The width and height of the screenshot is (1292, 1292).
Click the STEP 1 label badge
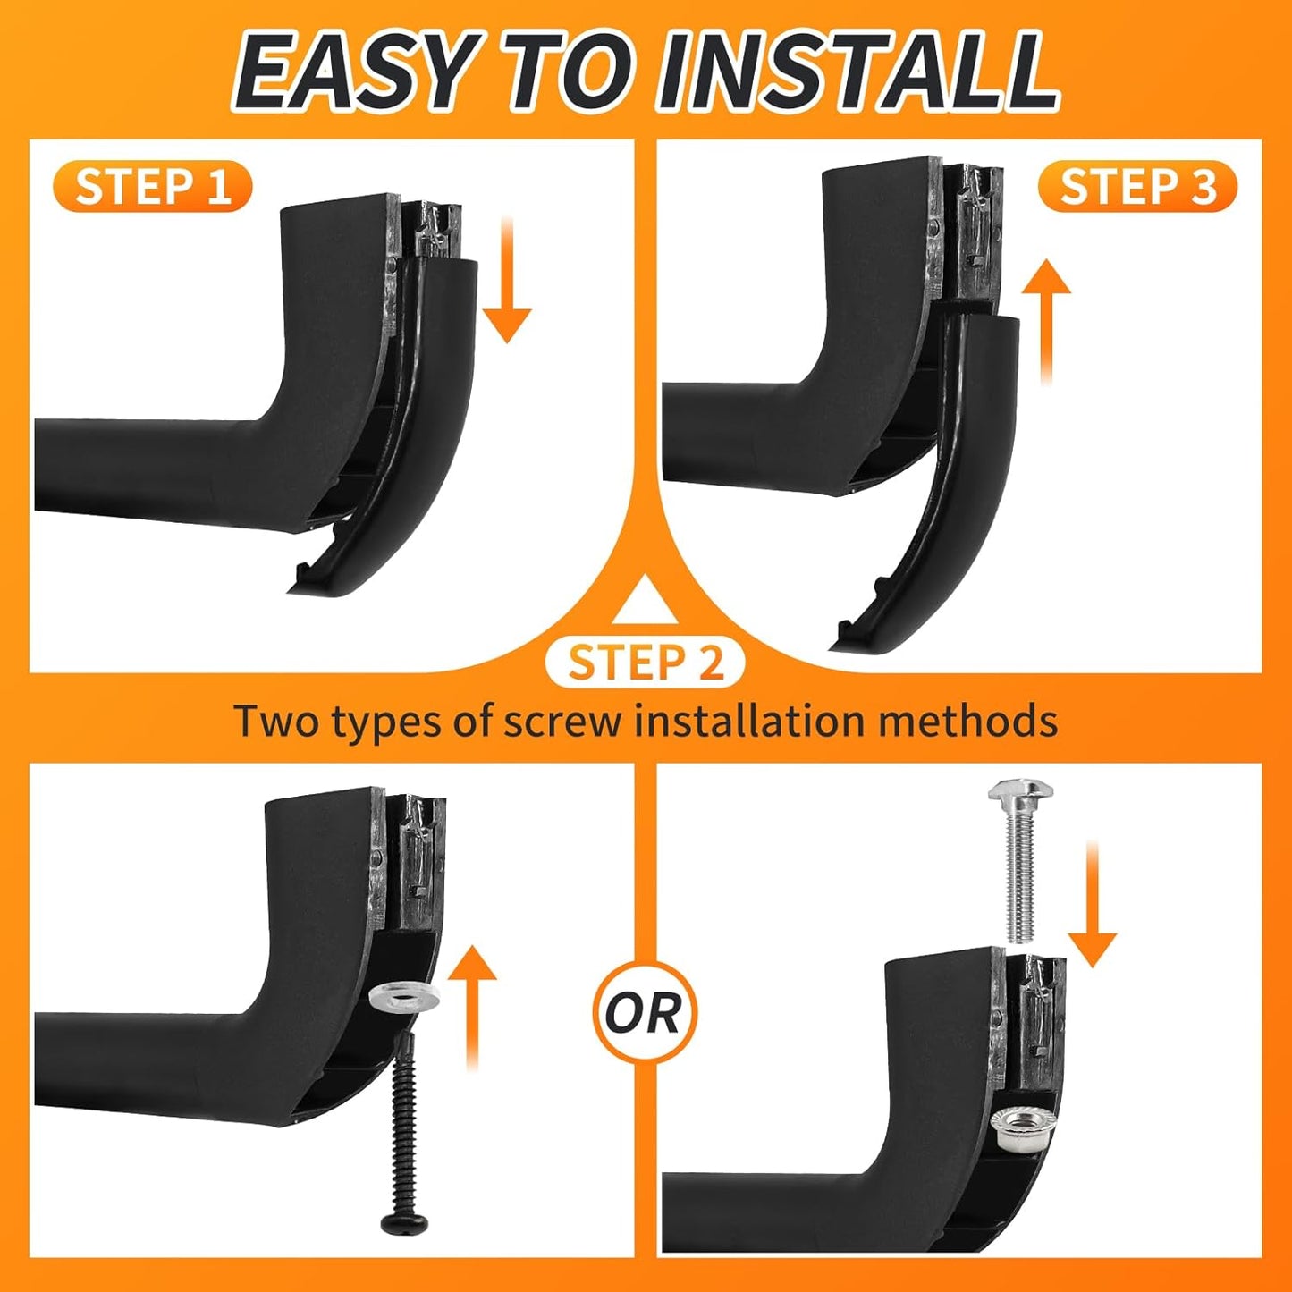(153, 187)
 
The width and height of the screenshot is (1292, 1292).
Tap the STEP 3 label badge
(1137, 188)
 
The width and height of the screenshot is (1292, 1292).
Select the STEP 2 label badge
(645, 663)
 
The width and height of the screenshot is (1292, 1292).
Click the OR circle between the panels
(645, 1013)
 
